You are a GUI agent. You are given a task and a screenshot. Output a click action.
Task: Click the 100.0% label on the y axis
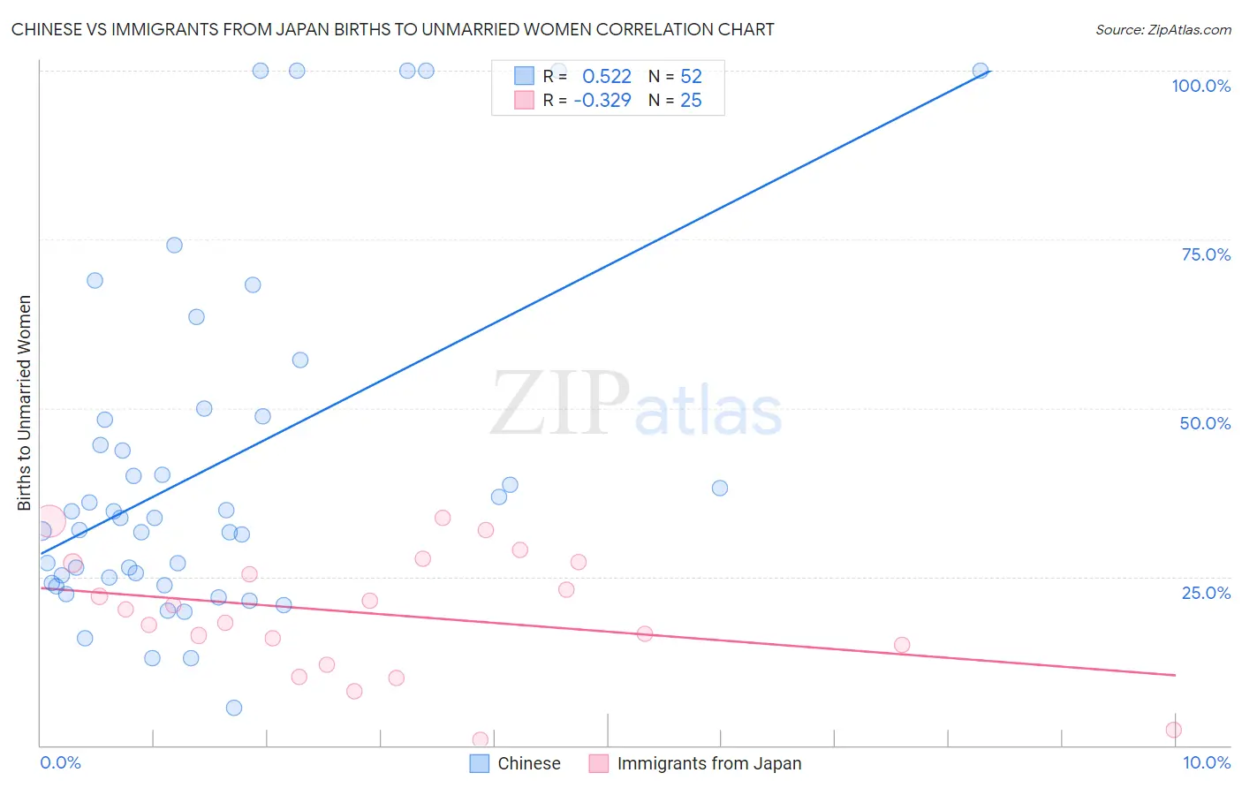click(x=1200, y=86)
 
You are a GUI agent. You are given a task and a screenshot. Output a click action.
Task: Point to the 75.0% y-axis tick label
click(x=1206, y=254)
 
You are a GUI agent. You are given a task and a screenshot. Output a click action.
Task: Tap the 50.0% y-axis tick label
click(x=1205, y=423)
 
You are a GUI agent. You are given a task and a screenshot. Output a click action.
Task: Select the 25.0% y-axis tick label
click(x=1206, y=592)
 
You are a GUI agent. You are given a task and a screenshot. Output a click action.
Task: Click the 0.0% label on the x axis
click(x=60, y=762)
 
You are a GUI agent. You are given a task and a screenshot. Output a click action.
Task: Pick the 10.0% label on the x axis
click(x=1206, y=762)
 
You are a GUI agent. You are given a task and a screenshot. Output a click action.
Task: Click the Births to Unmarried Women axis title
click(x=24, y=403)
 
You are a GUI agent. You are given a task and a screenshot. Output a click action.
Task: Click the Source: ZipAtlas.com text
click(x=1162, y=29)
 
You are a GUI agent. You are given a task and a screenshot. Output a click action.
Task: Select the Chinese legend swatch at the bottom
click(x=479, y=763)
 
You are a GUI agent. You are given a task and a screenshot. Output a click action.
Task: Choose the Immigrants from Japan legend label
click(x=709, y=763)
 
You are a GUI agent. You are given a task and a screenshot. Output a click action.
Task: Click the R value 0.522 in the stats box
click(x=607, y=77)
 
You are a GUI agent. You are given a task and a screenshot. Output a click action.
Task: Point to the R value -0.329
click(x=602, y=101)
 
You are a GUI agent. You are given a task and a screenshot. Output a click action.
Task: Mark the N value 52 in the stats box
click(x=691, y=77)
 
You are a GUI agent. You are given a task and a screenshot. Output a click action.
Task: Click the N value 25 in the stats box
click(x=691, y=101)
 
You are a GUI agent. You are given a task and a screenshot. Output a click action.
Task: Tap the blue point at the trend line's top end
click(x=980, y=71)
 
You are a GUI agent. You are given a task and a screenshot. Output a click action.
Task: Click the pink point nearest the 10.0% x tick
click(x=1173, y=730)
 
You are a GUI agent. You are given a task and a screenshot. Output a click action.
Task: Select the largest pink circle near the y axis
click(x=49, y=521)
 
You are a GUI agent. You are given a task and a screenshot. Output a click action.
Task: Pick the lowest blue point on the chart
click(x=234, y=708)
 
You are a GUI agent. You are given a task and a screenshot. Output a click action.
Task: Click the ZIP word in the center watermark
click(x=560, y=404)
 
